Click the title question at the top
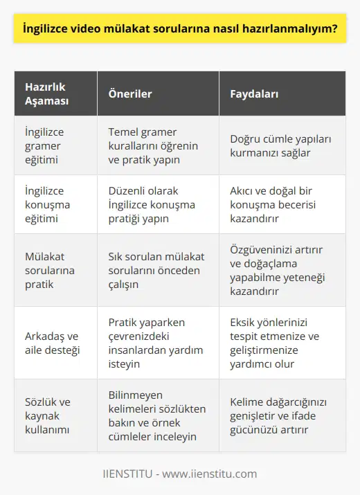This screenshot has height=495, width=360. (x=180, y=30)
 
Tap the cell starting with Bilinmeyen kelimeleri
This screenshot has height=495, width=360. (x=157, y=415)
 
